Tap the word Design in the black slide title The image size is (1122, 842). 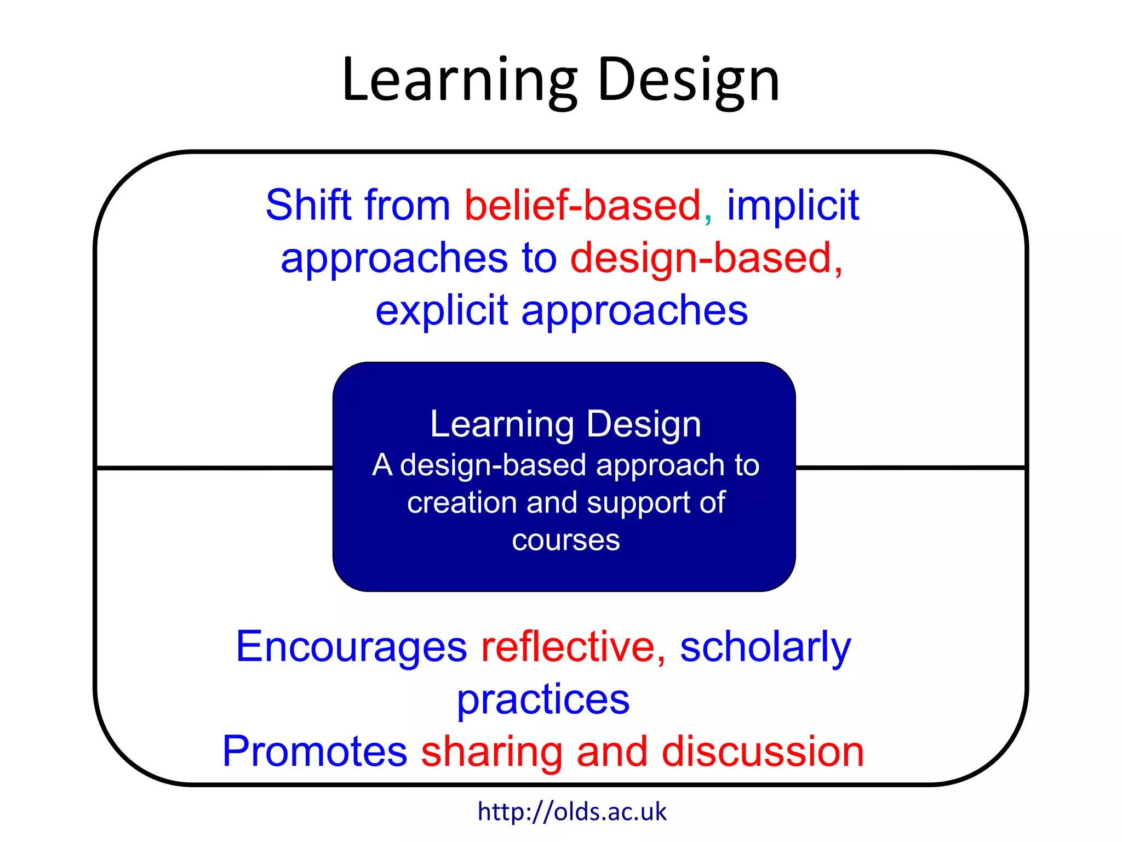tap(689, 81)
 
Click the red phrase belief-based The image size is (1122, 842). tap(583, 205)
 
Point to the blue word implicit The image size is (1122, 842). tap(793, 206)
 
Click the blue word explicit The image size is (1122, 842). tap(442, 311)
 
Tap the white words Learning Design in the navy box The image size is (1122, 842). tap(565, 424)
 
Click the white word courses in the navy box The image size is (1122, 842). tap(566, 541)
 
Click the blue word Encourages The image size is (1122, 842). tap(351, 647)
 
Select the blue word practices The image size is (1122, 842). tap(543, 701)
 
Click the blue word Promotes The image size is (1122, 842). tap(314, 752)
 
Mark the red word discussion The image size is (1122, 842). tap(763, 752)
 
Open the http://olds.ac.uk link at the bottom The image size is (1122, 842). tap(572, 812)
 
